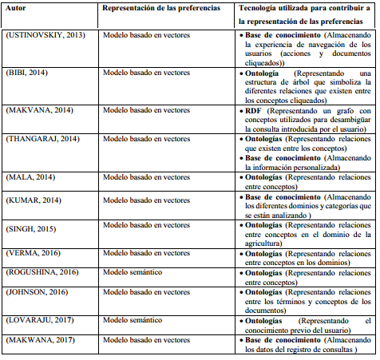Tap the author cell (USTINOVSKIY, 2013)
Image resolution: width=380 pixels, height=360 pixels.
coord(46,35)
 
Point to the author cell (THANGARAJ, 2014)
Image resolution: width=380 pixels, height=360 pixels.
coord(43,138)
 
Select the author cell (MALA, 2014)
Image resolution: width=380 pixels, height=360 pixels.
coord(30,176)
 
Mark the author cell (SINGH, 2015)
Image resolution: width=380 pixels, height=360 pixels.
coord(33,229)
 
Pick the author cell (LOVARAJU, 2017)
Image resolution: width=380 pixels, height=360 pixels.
coord(41,320)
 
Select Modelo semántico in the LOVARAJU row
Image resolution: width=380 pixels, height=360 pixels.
coord(132,320)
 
